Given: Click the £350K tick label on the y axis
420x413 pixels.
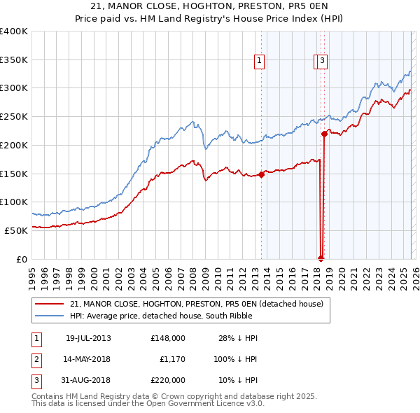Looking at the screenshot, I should click(x=14, y=60).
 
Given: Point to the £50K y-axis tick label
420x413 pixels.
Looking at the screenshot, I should click(x=15, y=230).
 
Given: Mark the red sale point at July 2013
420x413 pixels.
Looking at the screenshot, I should click(x=261, y=174).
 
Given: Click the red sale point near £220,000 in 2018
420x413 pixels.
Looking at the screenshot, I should click(x=324, y=134).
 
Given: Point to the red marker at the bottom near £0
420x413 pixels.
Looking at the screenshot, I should click(x=321, y=257).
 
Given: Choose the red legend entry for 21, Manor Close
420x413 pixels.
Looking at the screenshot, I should click(x=196, y=304).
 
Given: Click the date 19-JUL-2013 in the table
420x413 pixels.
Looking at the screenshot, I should click(x=88, y=337).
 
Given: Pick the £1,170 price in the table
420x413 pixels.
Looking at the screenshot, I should click(x=171, y=359).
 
